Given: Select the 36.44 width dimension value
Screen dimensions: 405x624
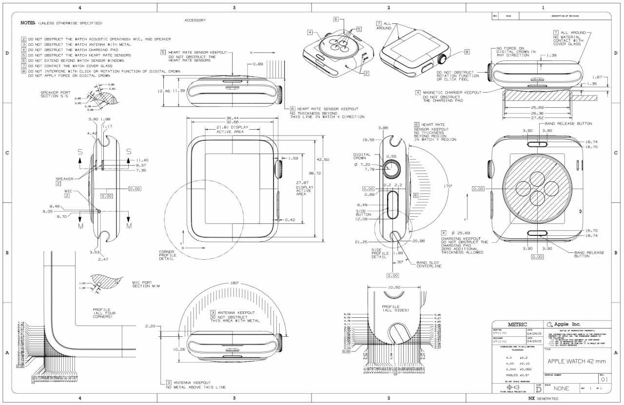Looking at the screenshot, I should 232,118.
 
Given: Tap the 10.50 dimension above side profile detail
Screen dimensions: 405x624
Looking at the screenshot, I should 393,288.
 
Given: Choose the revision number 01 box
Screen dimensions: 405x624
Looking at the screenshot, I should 604,379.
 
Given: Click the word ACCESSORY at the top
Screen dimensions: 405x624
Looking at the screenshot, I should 195,20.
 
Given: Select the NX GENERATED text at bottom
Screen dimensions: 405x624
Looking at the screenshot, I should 543,398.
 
